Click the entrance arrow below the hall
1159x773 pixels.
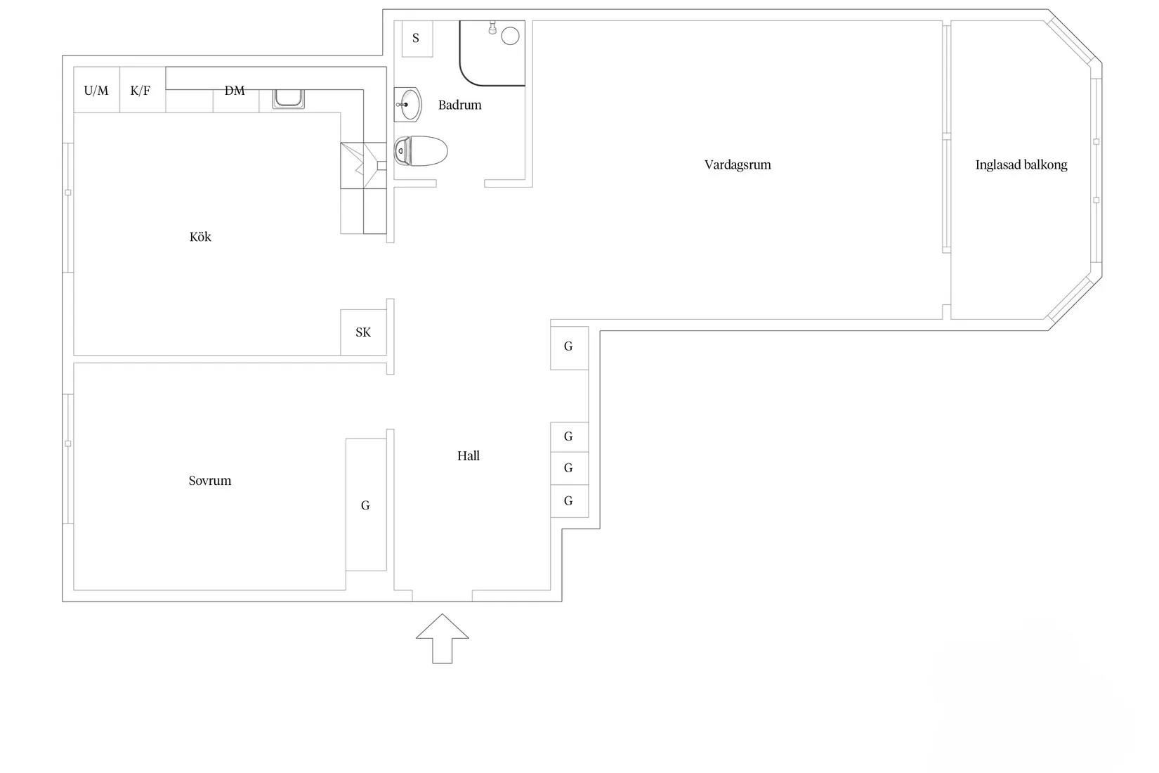click(x=443, y=638)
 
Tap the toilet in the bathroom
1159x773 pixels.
click(x=421, y=151)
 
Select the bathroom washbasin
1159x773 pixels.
click(x=408, y=105)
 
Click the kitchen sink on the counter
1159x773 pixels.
click(x=289, y=98)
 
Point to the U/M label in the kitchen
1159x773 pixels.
click(x=96, y=91)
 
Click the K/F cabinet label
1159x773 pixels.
click(x=140, y=91)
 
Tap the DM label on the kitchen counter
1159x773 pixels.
click(x=235, y=91)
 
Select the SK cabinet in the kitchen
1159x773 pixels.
click(x=363, y=332)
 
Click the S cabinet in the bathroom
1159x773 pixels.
click(x=417, y=39)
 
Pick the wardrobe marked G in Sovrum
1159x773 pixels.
click(x=366, y=505)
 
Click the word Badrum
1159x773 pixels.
click(x=460, y=105)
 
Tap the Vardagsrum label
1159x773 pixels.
click(x=738, y=164)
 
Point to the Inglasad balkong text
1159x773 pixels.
click(x=1021, y=164)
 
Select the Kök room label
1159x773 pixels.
click(x=200, y=237)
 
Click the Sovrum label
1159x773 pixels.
click(x=209, y=481)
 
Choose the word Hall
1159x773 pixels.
click(x=469, y=455)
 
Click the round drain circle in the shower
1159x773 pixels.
click(x=510, y=37)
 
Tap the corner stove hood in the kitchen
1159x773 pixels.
click(x=363, y=165)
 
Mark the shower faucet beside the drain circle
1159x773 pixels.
click(x=492, y=28)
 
